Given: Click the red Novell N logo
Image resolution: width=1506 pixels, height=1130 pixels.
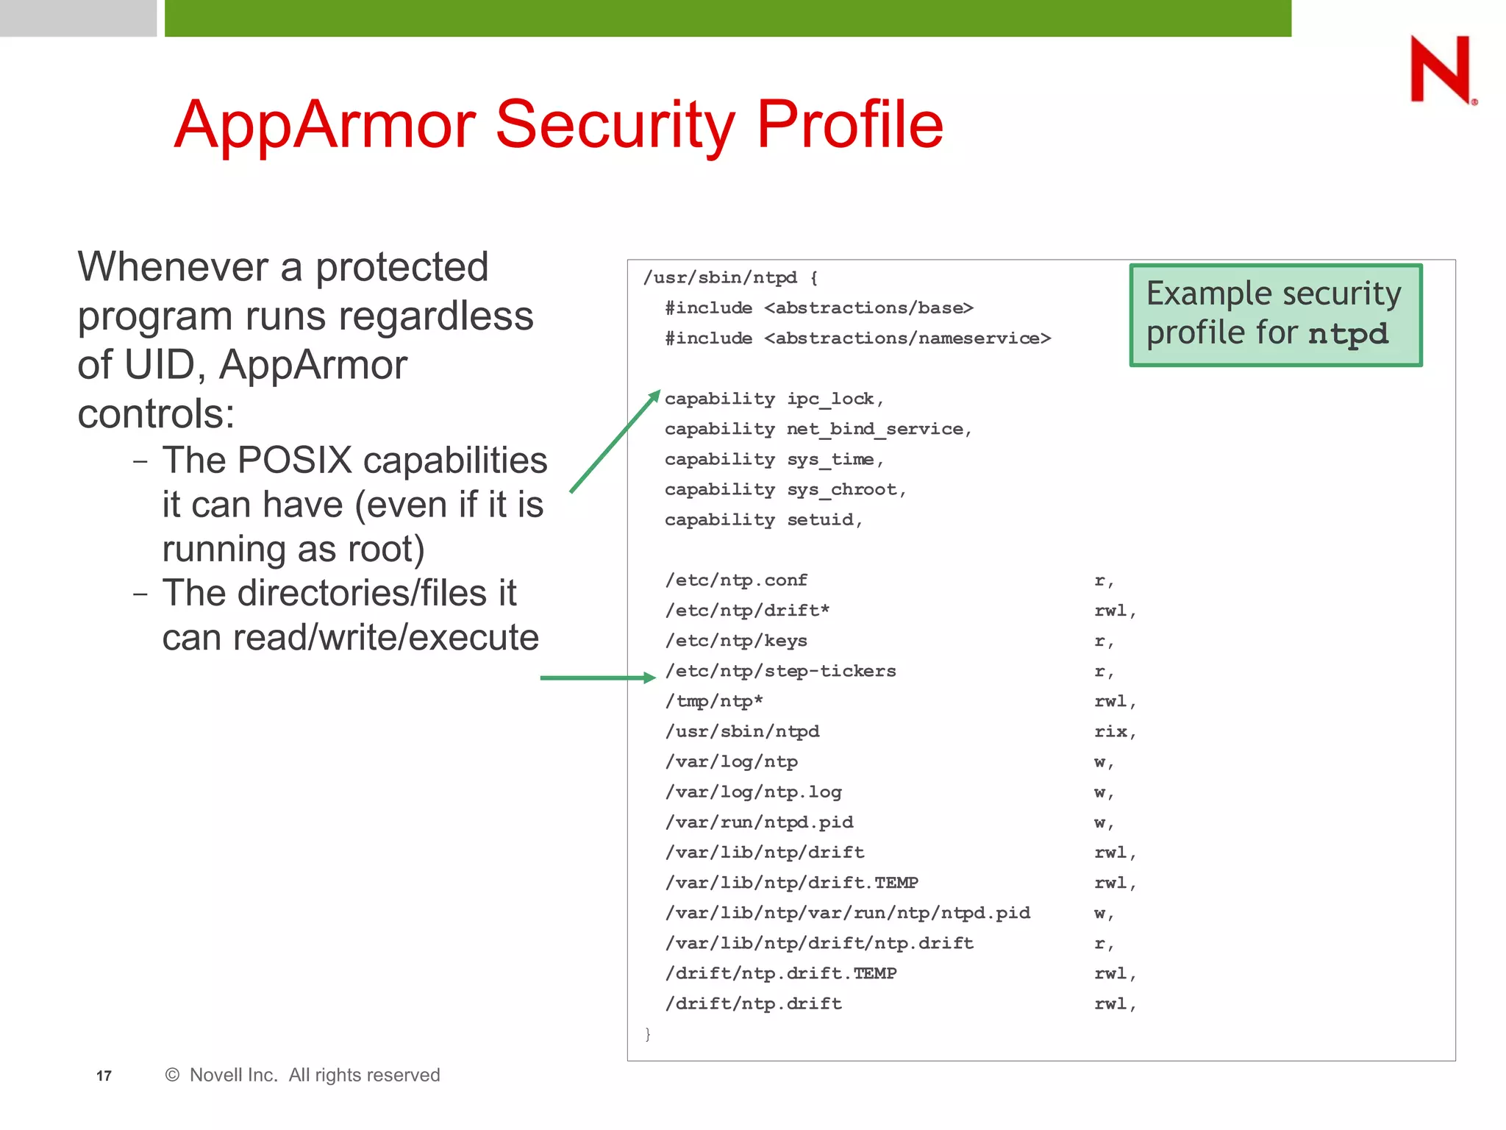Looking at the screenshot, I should tap(1441, 69).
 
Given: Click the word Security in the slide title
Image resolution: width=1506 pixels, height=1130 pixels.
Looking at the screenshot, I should tap(615, 125).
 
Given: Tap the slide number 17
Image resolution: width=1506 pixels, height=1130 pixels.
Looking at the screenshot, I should tap(104, 1076).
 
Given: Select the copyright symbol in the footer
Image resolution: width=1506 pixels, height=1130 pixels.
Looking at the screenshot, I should tap(172, 1075).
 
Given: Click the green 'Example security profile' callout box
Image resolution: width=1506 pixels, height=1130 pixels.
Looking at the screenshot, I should tap(1275, 314).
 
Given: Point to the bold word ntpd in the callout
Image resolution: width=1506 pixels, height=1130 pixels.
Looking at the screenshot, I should tap(1349, 334).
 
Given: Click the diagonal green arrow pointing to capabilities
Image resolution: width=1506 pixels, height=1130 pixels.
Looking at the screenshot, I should tap(614, 441).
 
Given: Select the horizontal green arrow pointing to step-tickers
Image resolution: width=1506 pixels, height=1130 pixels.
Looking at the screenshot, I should tap(596, 678).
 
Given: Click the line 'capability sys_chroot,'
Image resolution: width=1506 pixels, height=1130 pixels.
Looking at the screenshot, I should tap(785, 490).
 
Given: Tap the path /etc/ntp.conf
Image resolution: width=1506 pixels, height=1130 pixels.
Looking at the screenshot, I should tap(736, 580).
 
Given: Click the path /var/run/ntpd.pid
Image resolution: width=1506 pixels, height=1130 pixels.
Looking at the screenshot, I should tap(759, 822).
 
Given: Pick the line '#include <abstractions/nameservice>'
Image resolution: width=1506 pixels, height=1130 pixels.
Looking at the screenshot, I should tap(857, 338).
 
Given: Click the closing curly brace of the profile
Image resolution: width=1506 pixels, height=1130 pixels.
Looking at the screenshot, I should tap(648, 1034).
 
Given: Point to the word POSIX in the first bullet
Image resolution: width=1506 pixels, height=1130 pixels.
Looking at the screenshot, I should tap(294, 461).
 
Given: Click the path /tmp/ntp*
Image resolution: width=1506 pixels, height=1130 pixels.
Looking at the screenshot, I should tap(713, 702).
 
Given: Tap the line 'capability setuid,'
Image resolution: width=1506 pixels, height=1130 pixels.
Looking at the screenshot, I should tap(763, 520).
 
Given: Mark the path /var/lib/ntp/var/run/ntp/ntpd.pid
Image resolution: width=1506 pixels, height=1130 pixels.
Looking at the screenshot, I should tap(847, 913).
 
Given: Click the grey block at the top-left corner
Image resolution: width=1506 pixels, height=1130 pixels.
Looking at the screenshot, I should tap(78, 18).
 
